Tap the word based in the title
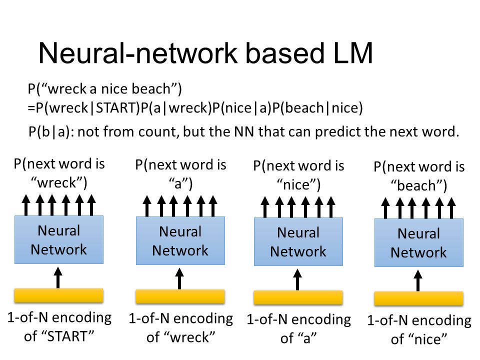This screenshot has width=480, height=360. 285,53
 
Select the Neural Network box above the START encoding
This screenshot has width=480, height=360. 59,239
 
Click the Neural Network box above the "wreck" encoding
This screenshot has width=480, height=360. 180,240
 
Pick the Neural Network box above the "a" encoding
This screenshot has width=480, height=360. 298,241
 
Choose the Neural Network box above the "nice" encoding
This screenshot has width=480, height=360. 419,242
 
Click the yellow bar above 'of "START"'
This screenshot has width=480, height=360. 59,295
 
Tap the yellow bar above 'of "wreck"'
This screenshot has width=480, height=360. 180,296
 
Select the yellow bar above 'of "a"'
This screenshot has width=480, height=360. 298,297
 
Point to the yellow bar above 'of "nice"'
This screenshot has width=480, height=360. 419,298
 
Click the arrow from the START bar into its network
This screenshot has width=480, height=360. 58,277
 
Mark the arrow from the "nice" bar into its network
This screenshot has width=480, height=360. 418,280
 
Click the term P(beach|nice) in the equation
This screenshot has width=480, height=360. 317,108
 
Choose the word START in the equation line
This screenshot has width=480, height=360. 115,108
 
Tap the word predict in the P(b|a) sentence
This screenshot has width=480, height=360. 338,132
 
